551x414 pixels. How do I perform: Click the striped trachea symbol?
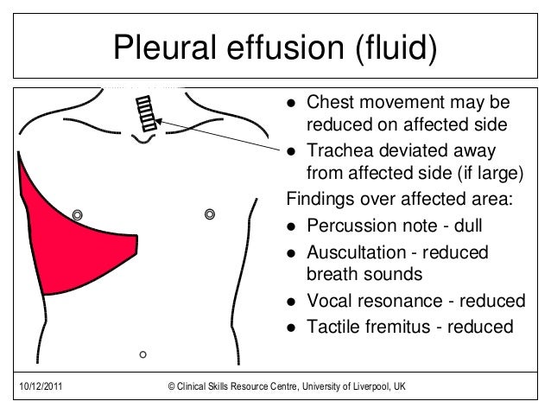[147, 112]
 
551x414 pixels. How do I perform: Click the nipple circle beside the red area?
[78, 213]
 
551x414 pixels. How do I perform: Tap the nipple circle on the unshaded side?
[208, 213]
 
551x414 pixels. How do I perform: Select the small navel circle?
[143, 353]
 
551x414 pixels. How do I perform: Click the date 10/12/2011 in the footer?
[39, 385]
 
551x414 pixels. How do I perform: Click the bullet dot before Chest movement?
[292, 103]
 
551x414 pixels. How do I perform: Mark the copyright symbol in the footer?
[171, 385]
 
